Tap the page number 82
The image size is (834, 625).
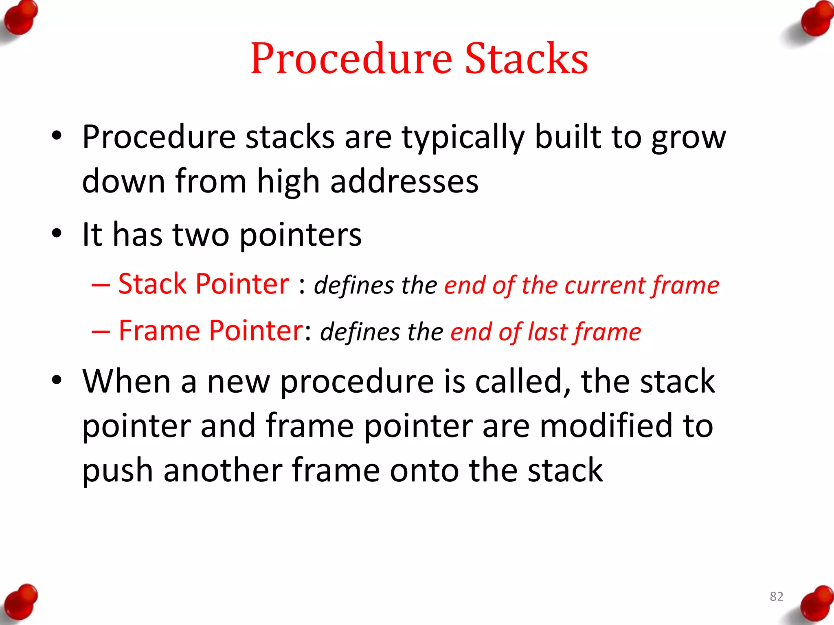[776, 597]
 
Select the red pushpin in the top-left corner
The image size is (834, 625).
[20, 18]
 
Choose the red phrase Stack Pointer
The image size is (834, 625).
[203, 284]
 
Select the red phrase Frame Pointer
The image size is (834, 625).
[211, 330]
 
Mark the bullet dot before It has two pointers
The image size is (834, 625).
[57, 234]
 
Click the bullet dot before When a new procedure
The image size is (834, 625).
[57, 380]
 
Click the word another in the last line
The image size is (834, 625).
[223, 470]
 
